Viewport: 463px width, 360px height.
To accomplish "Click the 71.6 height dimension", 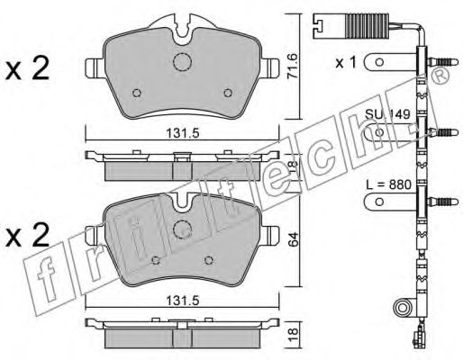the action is (x=293, y=66).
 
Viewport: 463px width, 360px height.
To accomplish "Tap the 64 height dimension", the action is (x=294, y=239).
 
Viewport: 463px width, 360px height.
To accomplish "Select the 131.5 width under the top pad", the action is (x=183, y=133).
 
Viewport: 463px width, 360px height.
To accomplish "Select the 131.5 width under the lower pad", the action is (x=183, y=301).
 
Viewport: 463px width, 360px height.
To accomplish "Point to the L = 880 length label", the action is (x=388, y=184).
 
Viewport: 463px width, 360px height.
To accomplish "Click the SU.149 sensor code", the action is (x=387, y=114).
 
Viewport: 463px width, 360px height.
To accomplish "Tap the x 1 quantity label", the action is (x=346, y=63).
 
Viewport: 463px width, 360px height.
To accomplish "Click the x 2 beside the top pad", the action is (x=27, y=69).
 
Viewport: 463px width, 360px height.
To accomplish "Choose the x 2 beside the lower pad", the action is (x=27, y=236).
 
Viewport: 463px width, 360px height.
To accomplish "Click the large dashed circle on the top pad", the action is (x=182, y=62).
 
